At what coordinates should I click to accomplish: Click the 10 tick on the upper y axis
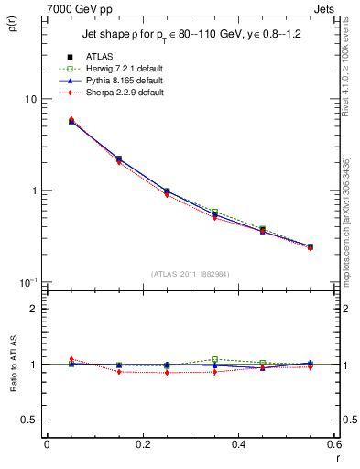click(x=30, y=99)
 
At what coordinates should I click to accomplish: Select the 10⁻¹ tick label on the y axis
click(x=27, y=281)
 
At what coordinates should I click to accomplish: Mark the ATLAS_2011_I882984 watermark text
click(x=191, y=273)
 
